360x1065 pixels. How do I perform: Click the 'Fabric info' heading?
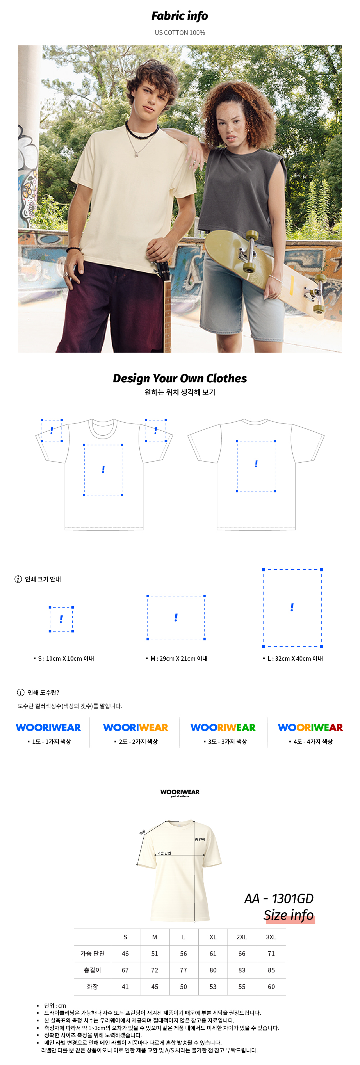(180, 16)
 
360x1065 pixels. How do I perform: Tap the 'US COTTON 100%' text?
(180, 33)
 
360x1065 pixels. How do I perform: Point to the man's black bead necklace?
(141, 131)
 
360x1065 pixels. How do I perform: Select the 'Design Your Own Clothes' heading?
(180, 378)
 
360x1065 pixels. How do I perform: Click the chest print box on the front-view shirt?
(103, 469)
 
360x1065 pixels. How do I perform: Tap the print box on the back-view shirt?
(256, 466)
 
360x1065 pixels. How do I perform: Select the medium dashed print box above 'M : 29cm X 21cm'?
(176, 617)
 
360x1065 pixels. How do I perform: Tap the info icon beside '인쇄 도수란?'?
(21, 692)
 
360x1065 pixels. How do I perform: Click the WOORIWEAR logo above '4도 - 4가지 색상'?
(310, 727)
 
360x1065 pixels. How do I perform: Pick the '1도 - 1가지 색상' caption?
(51, 742)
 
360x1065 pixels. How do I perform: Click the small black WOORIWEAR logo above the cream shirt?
(180, 792)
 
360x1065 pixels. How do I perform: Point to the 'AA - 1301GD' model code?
(279, 898)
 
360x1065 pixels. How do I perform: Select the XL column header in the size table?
(213, 937)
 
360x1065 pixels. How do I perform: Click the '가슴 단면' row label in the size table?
(93, 953)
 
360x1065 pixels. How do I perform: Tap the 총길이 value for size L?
(184, 970)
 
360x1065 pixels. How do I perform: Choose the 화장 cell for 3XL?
(271, 987)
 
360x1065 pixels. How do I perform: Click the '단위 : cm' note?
(55, 1006)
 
